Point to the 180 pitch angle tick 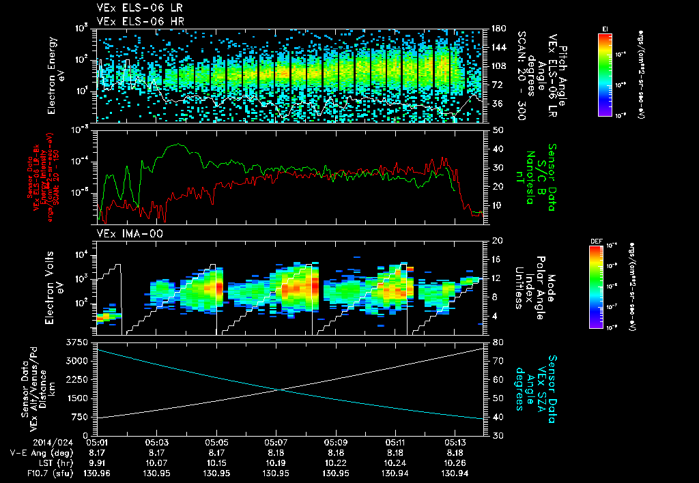pos(497,29)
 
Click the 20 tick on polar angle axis pos(496,241)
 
